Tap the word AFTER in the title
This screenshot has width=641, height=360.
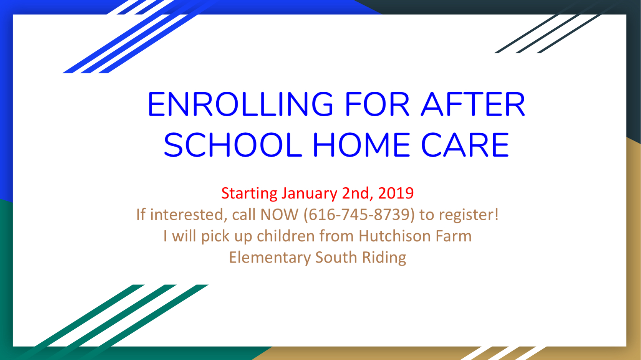pos(473,104)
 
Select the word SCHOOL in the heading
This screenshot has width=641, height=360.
pos(233,145)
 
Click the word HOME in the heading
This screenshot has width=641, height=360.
pos(362,145)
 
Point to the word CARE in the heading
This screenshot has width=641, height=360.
pos(465,145)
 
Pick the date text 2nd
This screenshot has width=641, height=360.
pos(358,194)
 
